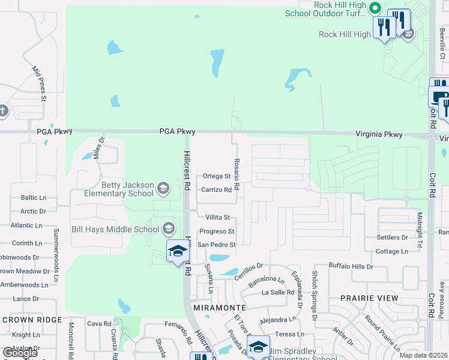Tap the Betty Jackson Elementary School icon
[x=163, y=190]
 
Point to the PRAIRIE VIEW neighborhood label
[x=369, y=298]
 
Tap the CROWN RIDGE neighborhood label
[x=32, y=320]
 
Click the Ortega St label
[x=217, y=176]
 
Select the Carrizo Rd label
[x=216, y=190]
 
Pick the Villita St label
[x=218, y=217]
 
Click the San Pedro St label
[x=217, y=244]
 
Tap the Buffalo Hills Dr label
[x=351, y=265]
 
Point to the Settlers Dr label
[x=392, y=238]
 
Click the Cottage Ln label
[x=392, y=251]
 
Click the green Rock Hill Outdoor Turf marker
[x=375, y=8]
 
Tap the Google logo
[x=20, y=352]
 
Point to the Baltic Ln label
[x=34, y=197]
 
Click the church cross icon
[x=2, y=111]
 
